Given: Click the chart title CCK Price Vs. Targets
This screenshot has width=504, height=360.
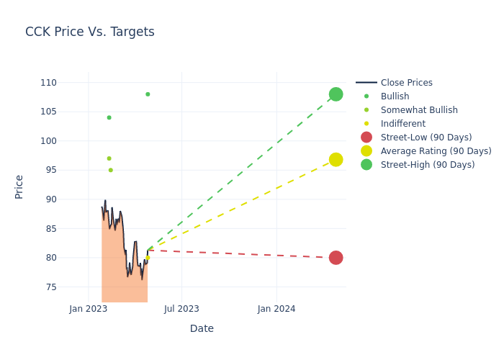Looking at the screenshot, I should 90,32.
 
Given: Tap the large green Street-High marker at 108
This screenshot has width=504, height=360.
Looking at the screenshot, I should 336,94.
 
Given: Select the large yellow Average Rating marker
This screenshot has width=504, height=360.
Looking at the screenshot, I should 336,159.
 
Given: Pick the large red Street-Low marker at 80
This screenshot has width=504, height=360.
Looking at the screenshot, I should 336,258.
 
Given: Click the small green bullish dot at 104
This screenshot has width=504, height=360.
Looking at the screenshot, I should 109,117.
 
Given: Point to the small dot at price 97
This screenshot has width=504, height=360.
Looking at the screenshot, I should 109,158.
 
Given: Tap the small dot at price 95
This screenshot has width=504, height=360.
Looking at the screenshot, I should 110,170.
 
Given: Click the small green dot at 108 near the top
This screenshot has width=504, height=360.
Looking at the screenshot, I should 148,94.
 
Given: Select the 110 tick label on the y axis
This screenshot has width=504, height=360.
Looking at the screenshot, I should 48,83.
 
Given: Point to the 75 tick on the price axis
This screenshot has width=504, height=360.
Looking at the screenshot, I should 50,287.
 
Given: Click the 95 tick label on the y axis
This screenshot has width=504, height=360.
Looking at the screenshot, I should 50,170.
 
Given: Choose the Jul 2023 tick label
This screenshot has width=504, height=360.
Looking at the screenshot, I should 181,309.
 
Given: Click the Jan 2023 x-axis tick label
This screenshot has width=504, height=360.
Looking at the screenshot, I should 89,309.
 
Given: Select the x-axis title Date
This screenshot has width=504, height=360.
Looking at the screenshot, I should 202,328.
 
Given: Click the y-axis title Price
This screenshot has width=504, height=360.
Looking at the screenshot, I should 19,186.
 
